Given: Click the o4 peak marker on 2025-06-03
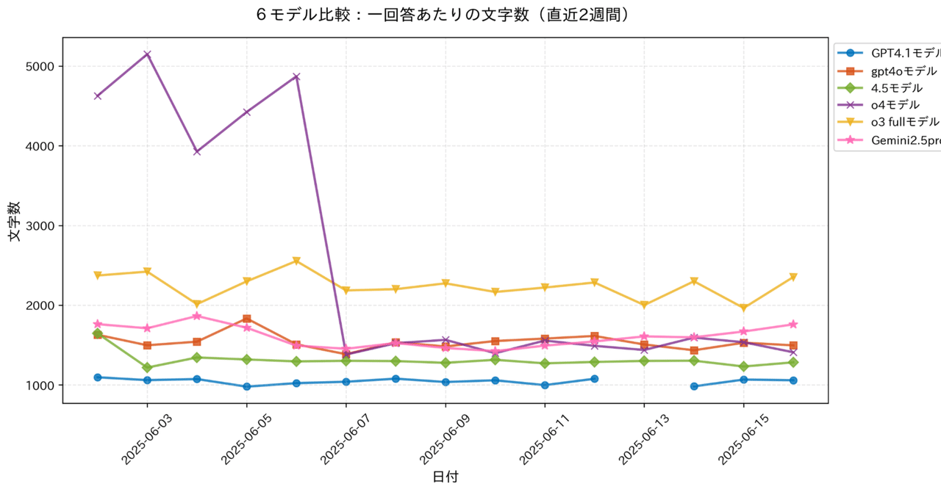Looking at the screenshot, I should [147, 54].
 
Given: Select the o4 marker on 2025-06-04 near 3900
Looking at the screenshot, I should [197, 151].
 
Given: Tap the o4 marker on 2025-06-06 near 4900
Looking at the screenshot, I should [296, 76].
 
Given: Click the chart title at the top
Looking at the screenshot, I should [445, 15].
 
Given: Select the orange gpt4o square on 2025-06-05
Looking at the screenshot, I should [247, 319].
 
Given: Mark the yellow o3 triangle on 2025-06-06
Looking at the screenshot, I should [296, 261].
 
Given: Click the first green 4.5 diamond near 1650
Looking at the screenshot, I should [98, 333].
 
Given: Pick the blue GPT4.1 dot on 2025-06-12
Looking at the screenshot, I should [594, 379].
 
